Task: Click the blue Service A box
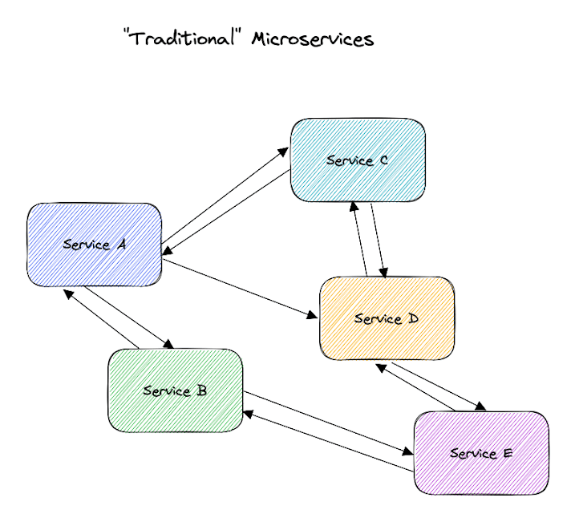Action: tap(94, 245)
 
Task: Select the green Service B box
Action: tap(176, 390)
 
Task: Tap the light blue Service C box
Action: tap(358, 160)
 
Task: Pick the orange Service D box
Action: tap(387, 318)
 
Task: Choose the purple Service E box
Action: tap(481, 453)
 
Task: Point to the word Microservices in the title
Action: tap(313, 39)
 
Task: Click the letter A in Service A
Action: tap(121, 245)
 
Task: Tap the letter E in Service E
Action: tap(507, 453)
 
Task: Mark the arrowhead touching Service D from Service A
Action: tap(313, 314)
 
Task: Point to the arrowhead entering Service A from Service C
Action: tap(167, 254)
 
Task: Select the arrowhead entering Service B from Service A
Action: tap(170, 345)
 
